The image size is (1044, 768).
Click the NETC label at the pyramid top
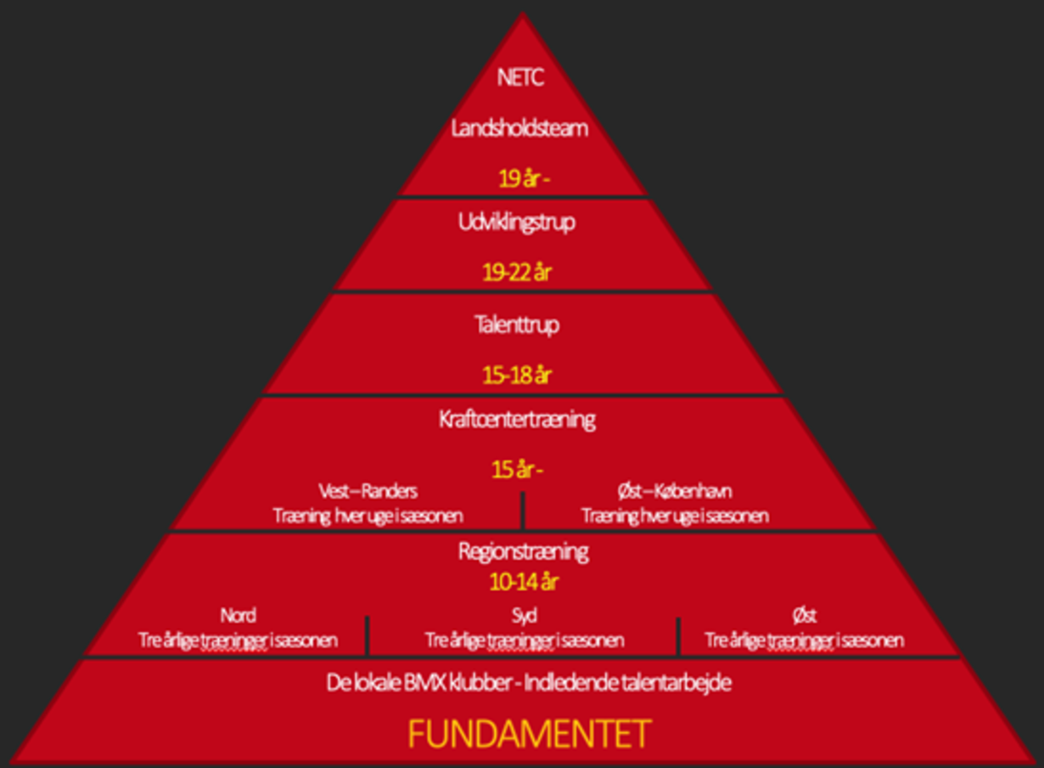click(x=520, y=77)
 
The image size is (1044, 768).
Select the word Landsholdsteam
click(x=519, y=128)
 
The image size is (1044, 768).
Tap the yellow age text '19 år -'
click(x=524, y=178)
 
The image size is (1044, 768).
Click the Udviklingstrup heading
click(x=517, y=223)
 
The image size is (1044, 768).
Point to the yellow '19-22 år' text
click(x=517, y=273)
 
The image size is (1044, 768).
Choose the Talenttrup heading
click(x=518, y=325)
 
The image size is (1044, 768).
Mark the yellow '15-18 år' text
click(x=517, y=376)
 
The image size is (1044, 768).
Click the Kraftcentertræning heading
click(x=518, y=420)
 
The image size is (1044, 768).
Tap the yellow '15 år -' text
click(x=518, y=470)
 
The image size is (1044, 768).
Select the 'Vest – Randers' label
click(x=368, y=491)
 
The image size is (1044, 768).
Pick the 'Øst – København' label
click(x=675, y=491)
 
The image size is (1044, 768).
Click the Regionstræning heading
click(x=524, y=552)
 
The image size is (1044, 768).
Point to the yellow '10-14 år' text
click(x=524, y=582)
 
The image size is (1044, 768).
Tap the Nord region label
click(x=239, y=615)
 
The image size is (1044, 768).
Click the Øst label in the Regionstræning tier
click(x=805, y=616)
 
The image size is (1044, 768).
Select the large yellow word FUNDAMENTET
click(x=530, y=734)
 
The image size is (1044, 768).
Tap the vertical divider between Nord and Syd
click(x=368, y=635)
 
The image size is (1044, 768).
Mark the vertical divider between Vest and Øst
click(x=523, y=511)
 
